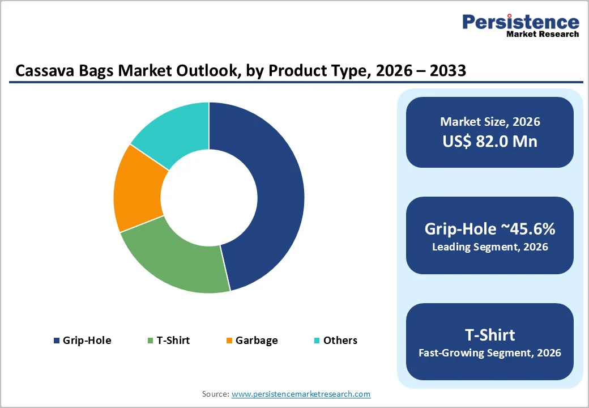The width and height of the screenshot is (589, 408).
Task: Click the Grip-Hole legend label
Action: point(87,341)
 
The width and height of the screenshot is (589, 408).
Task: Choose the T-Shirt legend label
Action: point(173,341)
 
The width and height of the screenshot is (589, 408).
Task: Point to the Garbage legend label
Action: point(257,341)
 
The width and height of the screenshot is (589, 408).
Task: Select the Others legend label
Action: point(340,341)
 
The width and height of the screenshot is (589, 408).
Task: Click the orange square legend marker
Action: point(229,341)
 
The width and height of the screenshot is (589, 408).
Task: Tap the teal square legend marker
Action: point(317,341)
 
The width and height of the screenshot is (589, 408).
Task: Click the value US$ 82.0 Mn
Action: point(490,141)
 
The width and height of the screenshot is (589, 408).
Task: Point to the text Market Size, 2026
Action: point(490,122)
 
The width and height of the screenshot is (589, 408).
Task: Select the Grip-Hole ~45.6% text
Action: point(490,229)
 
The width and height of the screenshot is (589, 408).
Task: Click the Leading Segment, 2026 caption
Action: point(490,247)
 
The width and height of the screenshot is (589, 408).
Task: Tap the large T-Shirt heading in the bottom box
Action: point(490,334)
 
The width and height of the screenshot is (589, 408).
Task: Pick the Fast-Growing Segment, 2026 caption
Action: point(490,353)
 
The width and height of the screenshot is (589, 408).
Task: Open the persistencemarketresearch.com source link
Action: point(301,394)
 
